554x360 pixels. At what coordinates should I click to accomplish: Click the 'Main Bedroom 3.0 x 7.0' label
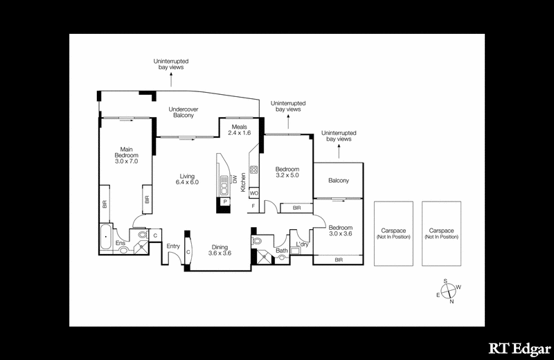tap(126, 154)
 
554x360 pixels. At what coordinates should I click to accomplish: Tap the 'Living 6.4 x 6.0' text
tap(187, 179)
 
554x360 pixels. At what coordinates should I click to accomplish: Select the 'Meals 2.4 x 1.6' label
tap(240, 129)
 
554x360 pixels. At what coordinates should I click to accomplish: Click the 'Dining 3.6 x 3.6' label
tap(219, 249)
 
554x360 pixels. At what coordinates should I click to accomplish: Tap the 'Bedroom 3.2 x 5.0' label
tap(287, 173)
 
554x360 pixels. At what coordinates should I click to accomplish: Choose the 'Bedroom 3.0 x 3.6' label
tap(340, 231)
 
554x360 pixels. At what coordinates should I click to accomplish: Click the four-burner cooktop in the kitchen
tap(253, 171)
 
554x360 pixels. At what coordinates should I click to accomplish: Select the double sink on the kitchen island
tap(224, 185)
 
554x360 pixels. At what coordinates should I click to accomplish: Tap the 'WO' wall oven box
tap(253, 192)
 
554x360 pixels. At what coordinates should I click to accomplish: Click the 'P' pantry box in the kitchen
tap(224, 201)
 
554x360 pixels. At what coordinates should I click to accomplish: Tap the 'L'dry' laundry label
tap(302, 245)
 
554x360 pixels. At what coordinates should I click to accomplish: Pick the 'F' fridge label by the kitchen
tap(253, 206)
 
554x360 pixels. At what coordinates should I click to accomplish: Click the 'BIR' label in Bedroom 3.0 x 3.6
tap(339, 260)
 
